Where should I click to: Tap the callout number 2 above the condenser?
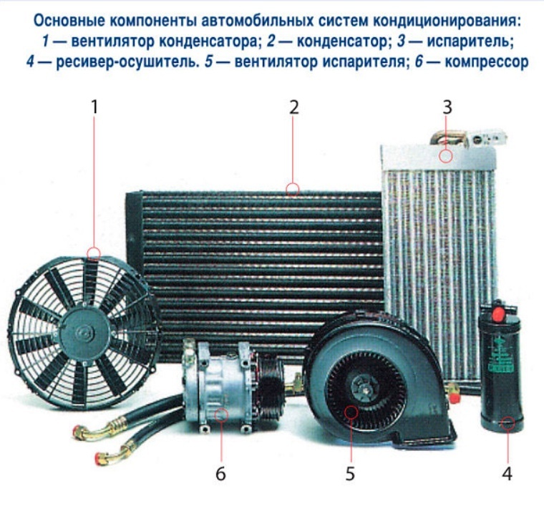tap(294, 107)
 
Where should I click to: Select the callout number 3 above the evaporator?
tap(447, 107)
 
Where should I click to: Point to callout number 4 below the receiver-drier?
tap(507, 473)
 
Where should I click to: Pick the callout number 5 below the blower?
tap(350, 473)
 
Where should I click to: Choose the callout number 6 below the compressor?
tap(220, 473)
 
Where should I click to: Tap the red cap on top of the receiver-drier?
tap(498, 313)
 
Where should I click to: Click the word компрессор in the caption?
tap(487, 62)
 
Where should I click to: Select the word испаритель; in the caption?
tap(470, 42)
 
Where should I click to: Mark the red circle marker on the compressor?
tap(221, 415)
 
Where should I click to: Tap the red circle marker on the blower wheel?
tap(351, 412)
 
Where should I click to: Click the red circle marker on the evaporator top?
tap(446, 156)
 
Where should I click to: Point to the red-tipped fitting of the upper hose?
tap(79, 432)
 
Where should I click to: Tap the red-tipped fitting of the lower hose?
tap(101, 457)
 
